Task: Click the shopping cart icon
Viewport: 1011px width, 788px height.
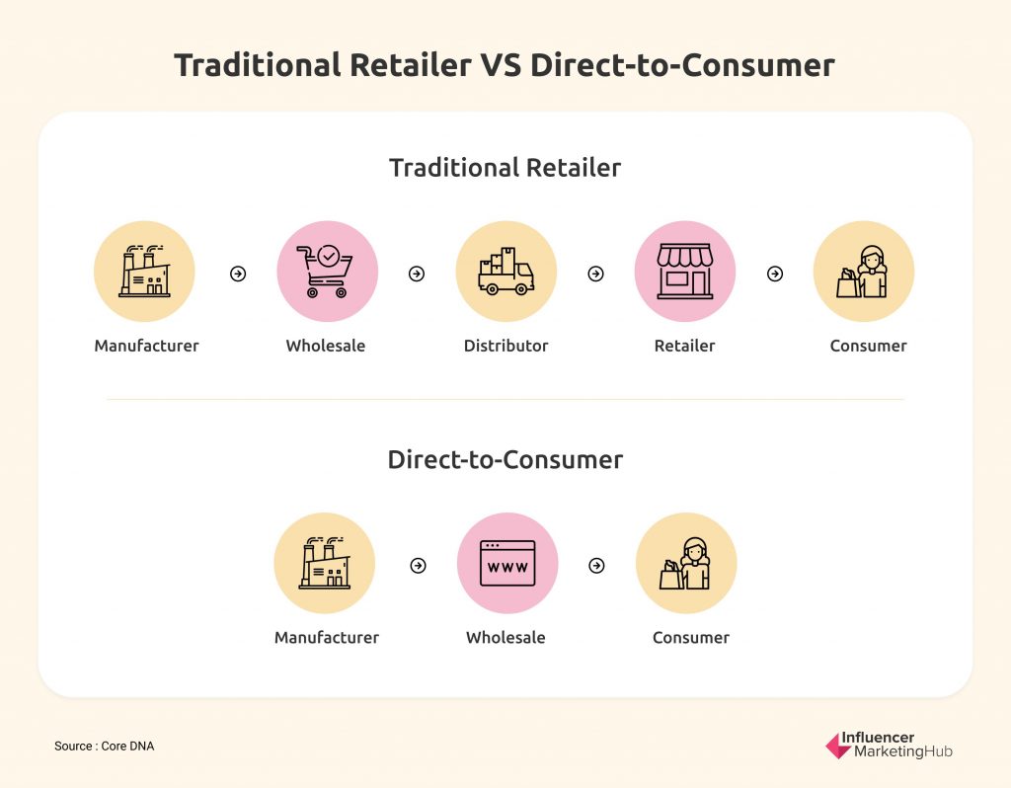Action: tap(325, 272)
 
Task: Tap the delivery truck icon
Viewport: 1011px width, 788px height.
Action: tap(506, 272)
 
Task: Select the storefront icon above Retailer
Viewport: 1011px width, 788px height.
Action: tap(685, 272)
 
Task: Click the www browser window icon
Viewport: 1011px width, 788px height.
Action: tap(507, 564)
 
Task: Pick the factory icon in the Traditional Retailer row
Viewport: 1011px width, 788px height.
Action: tap(144, 271)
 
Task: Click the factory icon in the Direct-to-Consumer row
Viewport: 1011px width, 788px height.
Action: tap(324, 563)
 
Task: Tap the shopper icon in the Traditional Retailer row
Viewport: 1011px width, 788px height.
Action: tap(863, 272)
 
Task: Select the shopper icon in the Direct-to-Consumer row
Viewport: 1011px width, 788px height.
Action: tap(685, 563)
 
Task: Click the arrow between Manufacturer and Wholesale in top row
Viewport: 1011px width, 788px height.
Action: tap(238, 275)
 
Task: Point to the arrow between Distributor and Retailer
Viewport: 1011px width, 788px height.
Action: tap(595, 275)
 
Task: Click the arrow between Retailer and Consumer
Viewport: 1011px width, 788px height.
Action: tap(775, 275)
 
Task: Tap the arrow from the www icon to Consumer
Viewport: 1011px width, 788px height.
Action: tap(597, 566)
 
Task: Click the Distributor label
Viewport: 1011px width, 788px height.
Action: tap(506, 346)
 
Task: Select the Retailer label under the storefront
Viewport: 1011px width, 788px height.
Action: tap(685, 346)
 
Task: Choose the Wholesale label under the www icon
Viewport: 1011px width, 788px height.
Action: tap(506, 638)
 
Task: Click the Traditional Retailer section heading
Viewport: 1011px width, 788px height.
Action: tap(505, 168)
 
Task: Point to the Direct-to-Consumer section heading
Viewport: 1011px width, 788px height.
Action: tap(505, 460)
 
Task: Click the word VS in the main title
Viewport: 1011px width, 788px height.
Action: tap(500, 65)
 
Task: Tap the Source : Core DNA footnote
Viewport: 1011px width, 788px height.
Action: tap(105, 747)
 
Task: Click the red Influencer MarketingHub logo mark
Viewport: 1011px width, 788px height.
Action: tap(838, 747)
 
